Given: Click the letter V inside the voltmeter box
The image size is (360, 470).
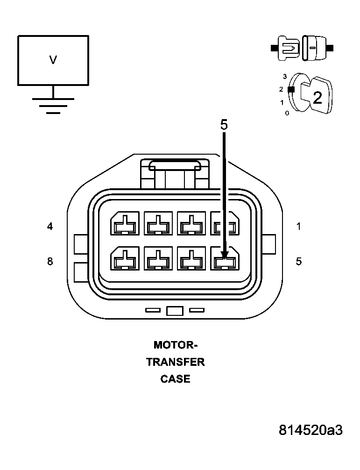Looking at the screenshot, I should [x=53, y=60].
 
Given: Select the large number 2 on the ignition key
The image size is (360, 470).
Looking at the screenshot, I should [x=317, y=98].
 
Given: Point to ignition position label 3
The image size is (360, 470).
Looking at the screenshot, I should [x=284, y=76].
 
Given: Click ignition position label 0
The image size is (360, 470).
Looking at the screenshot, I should [x=287, y=113].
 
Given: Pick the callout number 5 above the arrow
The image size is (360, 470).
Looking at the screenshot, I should [x=224, y=125].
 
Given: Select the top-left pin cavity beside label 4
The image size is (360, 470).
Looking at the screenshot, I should [x=124, y=224].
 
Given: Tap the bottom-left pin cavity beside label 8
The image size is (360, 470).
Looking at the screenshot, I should [x=124, y=258].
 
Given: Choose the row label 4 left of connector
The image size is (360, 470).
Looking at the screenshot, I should [x=50, y=227].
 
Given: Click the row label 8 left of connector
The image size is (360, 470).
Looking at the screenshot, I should [x=50, y=262].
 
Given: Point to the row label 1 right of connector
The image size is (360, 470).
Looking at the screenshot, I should [x=299, y=227].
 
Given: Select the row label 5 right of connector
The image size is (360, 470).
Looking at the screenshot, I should [x=299, y=262].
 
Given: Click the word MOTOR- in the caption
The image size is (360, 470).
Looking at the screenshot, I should [x=176, y=345].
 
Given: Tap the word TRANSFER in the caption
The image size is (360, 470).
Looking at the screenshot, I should [x=176, y=362].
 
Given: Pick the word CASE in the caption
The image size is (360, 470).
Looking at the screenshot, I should [x=176, y=379].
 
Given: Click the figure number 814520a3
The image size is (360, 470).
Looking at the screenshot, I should [x=311, y=430].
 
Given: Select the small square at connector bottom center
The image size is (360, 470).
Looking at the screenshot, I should [x=174, y=311].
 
